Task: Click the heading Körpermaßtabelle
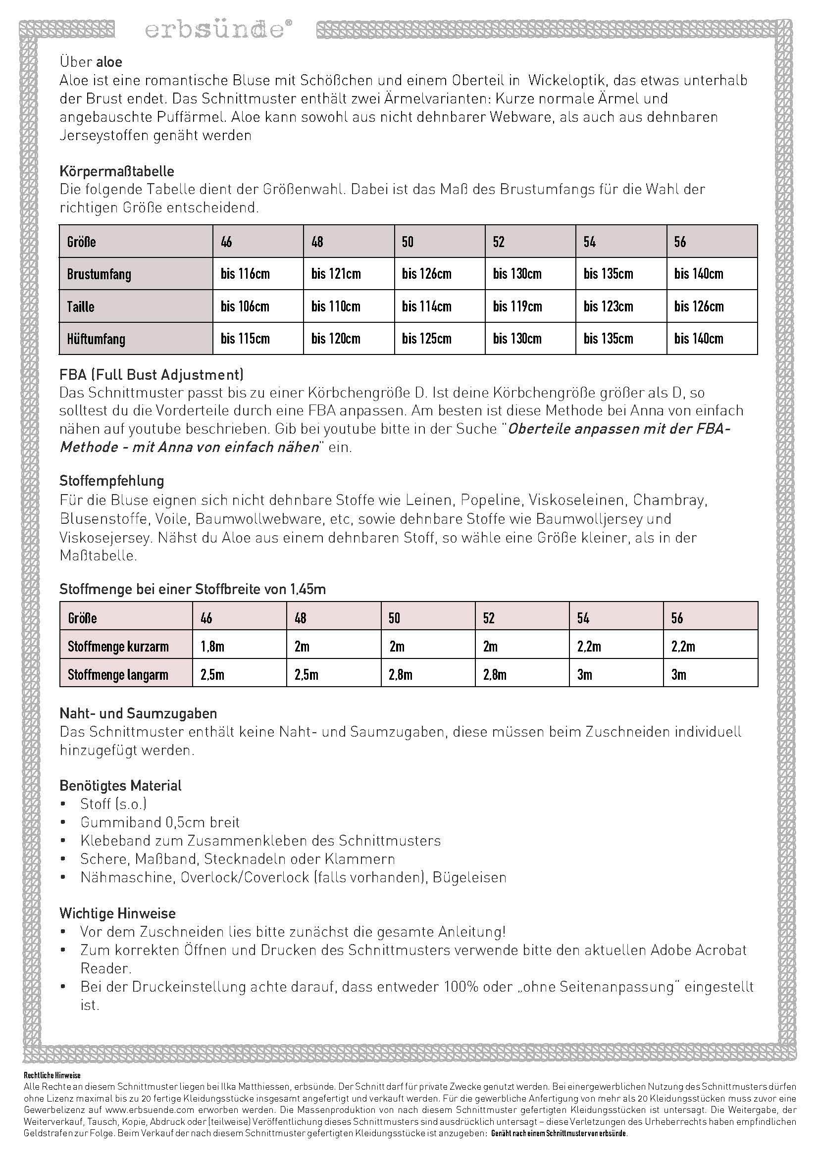tap(117, 171)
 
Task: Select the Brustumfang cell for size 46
tap(245, 274)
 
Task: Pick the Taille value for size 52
tap(517, 306)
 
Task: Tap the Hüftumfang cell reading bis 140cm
tap(699, 339)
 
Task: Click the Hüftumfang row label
tap(96, 339)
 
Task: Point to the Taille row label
tap(81, 306)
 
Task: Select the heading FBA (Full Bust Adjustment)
tap(152, 374)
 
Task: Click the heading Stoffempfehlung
tap(112, 480)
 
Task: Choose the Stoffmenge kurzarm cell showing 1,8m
tap(212, 647)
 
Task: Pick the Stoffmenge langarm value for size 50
tap(401, 675)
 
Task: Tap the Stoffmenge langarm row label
tap(118, 675)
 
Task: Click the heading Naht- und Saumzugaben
tap(138, 713)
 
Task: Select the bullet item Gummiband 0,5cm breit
tap(160, 822)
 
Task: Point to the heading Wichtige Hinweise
tap(117, 913)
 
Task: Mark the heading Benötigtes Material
tap(120, 785)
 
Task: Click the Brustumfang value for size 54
tap(608, 274)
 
